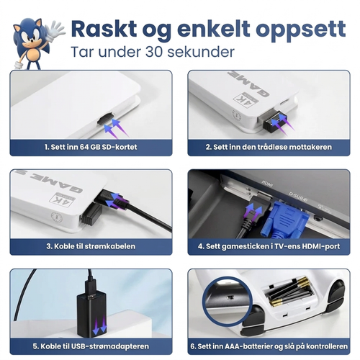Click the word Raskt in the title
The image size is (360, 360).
click(104, 29)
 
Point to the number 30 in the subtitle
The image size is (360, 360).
click(155, 52)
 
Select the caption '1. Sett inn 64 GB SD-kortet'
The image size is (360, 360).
click(91, 147)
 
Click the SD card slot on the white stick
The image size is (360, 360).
click(105, 119)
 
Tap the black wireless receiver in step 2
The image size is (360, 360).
click(274, 122)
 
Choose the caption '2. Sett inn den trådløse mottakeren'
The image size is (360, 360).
click(269, 147)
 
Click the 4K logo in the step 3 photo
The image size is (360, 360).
click(62, 199)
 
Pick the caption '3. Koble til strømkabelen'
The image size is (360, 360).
click(91, 246)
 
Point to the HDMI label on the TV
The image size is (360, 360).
click(267, 184)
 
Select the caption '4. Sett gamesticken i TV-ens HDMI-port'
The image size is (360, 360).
click(269, 246)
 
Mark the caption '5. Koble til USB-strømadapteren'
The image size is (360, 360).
click(91, 346)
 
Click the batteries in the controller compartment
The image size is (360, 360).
click(289, 292)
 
